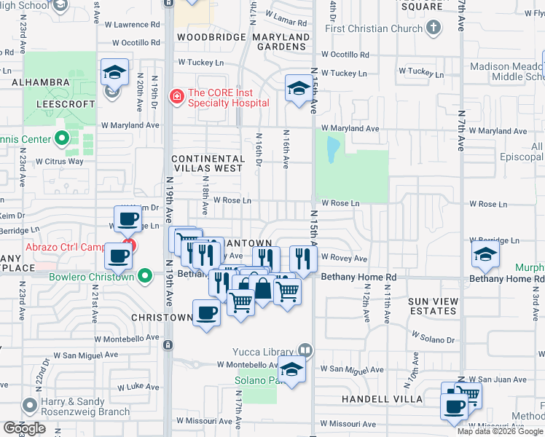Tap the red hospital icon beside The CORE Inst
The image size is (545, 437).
176,95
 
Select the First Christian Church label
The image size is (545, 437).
374,28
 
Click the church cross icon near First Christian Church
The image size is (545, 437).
434,28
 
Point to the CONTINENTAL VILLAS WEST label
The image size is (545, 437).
208,163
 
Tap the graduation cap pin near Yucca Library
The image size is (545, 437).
292,371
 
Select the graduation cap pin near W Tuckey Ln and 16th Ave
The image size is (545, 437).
297,89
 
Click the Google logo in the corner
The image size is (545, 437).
24,428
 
